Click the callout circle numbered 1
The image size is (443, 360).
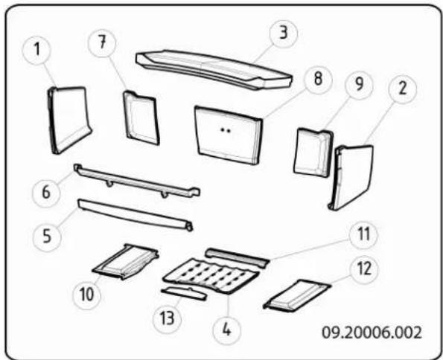pos(36,51)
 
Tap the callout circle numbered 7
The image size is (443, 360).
pos(102,43)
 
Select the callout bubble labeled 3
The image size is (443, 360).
pos(284,33)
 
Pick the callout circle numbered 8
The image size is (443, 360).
pos(318,79)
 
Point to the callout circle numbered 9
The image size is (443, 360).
pos(359,85)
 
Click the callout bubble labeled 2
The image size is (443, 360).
pos(402,89)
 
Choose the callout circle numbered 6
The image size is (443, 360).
pos(46,193)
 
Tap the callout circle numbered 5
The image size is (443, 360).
pos(47,237)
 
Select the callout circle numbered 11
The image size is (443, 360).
pos(363,234)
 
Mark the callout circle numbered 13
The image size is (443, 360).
pos(168,319)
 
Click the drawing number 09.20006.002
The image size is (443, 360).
pos(372,333)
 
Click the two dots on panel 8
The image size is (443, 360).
pos(226,130)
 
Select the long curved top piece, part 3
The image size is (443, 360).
pos(214,70)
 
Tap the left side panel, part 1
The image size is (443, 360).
pos(69,120)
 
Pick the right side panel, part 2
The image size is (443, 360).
pos(351,177)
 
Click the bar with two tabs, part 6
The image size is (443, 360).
pos(137,181)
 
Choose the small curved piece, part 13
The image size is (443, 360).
pos(184,293)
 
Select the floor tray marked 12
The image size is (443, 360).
pos(296,295)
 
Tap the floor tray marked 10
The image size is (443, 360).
pos(125,262)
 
